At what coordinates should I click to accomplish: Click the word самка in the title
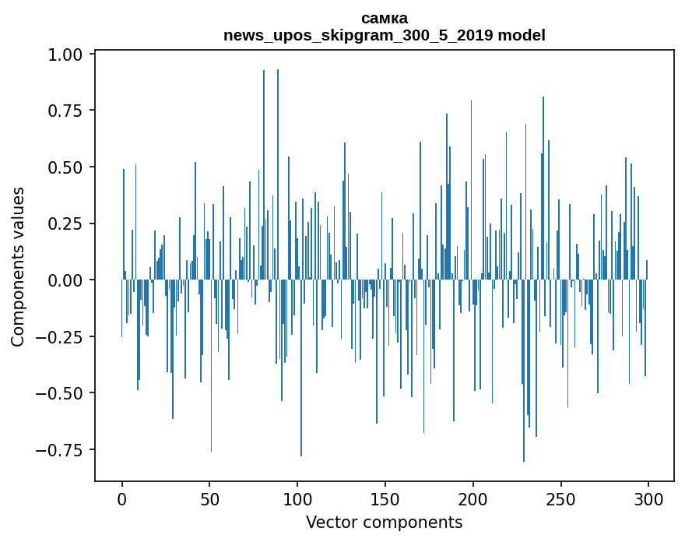385,18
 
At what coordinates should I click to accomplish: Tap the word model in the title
522,35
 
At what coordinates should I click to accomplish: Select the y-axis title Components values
18,266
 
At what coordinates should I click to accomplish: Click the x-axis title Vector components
385,523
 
